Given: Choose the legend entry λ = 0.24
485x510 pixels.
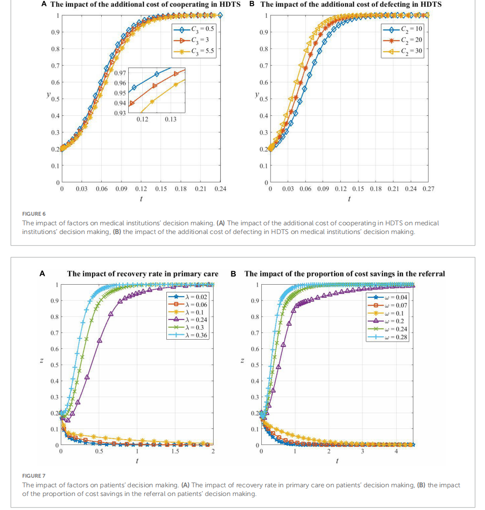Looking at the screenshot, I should coord(194,319).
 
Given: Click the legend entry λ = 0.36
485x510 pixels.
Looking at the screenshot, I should coord(194,335).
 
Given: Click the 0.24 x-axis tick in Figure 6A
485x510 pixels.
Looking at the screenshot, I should coord(220,189).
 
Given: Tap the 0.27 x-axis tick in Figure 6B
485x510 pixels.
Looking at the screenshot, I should coord(428,189).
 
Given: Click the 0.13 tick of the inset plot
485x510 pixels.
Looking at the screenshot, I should coord(170,119).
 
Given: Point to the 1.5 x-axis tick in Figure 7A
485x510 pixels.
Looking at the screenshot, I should coord(175,452).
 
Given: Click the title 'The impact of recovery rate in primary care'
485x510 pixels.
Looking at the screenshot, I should coord(142,274).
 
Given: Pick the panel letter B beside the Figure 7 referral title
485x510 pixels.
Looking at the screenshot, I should coord(233,274).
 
